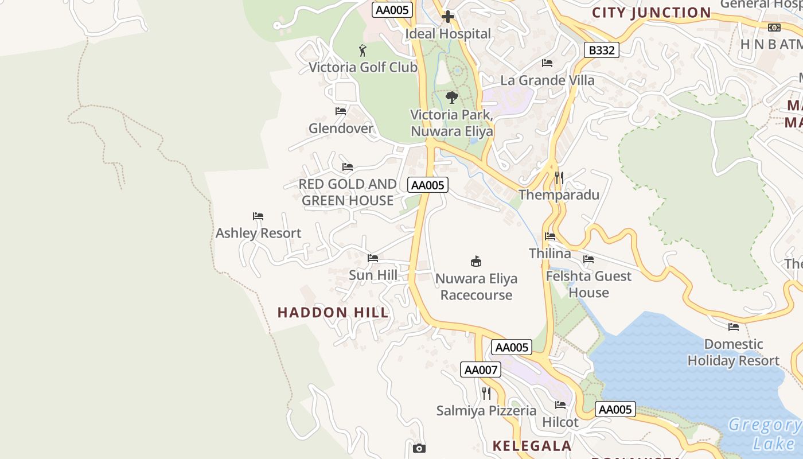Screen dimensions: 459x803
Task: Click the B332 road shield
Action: [602, 50]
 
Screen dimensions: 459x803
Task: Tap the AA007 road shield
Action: [481, 369]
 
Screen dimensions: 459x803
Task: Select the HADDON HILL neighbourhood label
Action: [333, 313]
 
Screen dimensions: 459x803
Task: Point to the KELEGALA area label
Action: [532, 446]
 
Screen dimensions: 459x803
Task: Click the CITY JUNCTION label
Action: [652, 13]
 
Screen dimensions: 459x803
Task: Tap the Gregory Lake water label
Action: [765, 434]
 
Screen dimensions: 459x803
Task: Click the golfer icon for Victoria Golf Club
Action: [362, 50]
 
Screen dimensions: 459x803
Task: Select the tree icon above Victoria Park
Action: [452, 97]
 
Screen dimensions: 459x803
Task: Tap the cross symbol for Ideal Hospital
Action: [448, 17]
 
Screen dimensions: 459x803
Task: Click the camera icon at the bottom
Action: [419, 448]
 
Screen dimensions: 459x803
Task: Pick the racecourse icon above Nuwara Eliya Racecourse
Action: [475, 262]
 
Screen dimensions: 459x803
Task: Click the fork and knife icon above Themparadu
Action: [559, 178]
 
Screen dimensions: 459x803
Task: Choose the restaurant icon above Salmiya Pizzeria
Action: [486, 394]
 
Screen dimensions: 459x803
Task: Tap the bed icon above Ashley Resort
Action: [258, 216]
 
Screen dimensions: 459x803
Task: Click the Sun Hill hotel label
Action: [373, 275]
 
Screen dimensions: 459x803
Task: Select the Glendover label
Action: [341, 128]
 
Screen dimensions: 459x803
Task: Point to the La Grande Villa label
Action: [547, 80]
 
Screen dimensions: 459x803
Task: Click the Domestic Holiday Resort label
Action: [733, 352]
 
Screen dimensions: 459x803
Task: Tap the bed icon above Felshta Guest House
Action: [588, 259]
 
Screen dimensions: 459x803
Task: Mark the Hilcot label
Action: [560, 422]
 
